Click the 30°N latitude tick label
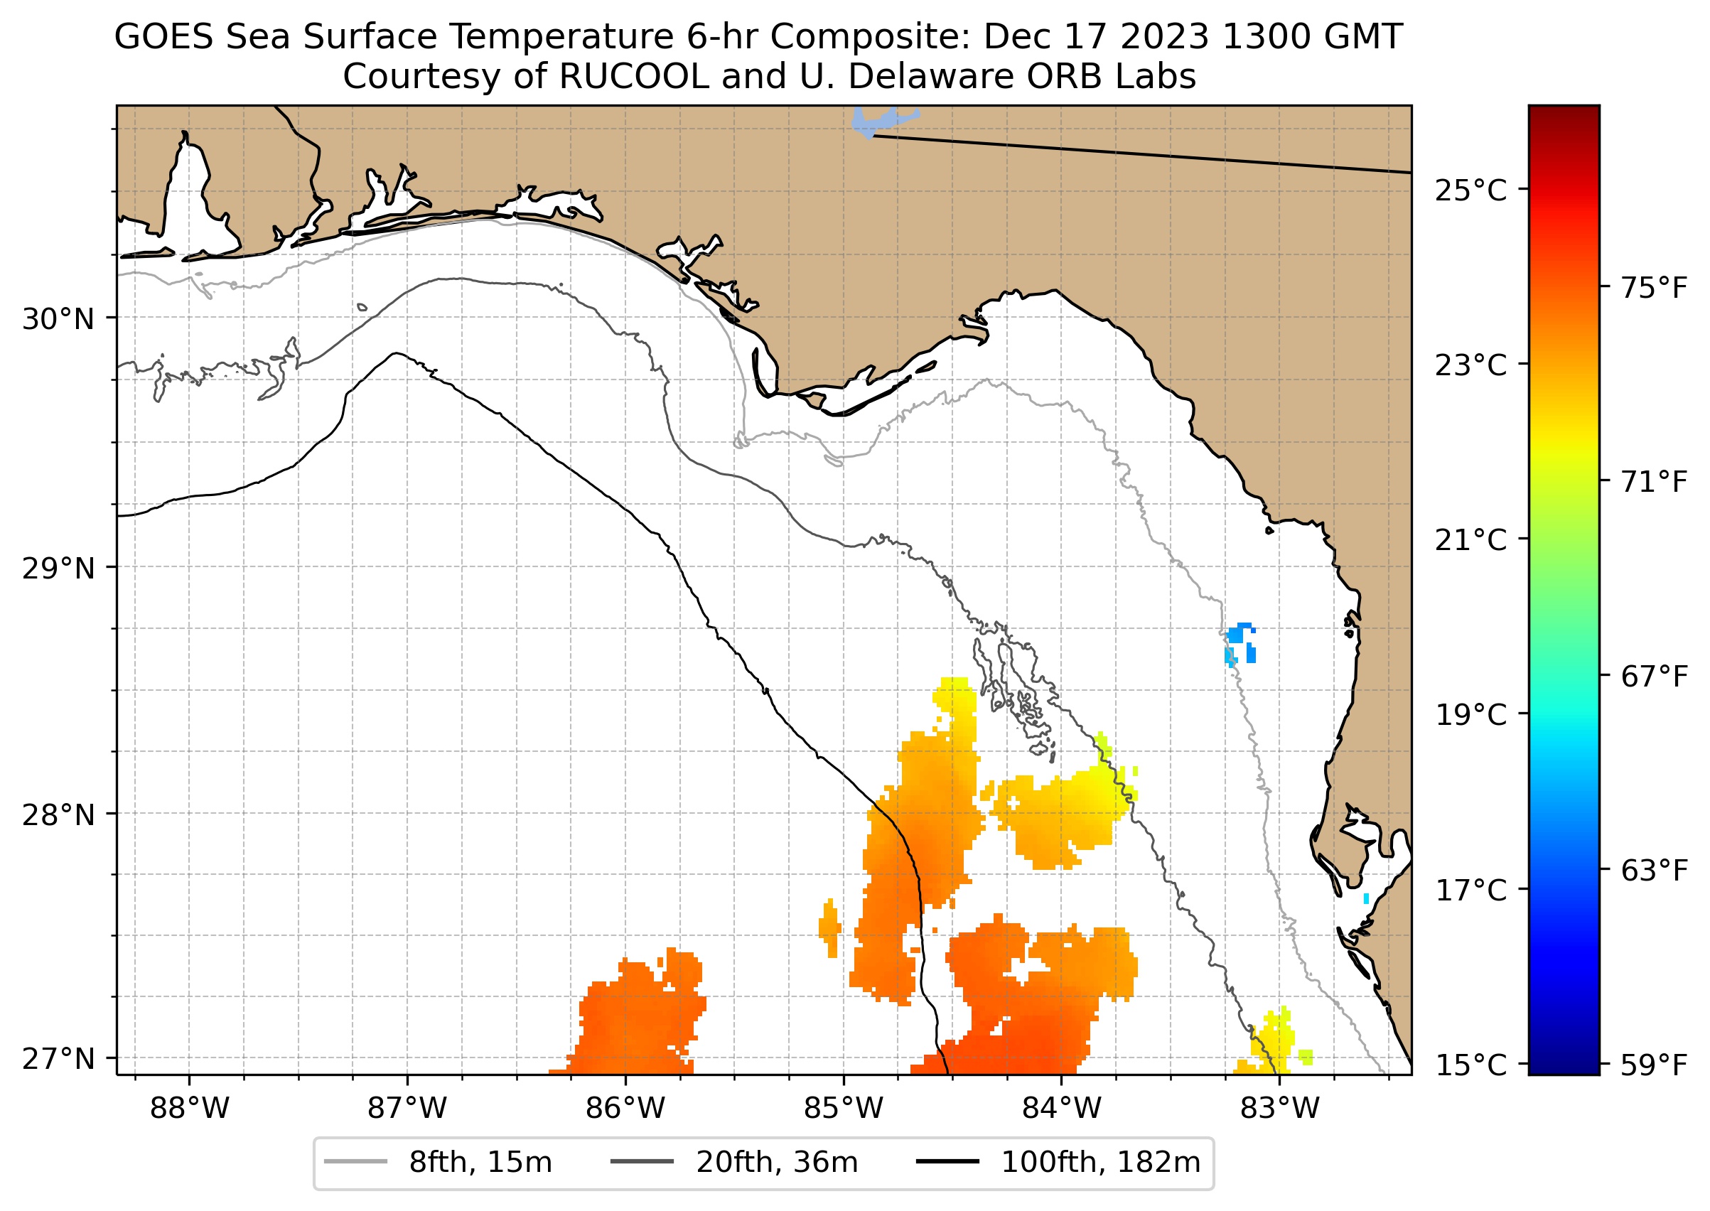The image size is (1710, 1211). pos(58,320)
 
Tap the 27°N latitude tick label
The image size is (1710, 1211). pos(58,1060)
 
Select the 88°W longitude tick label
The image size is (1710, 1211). pos(190,1109)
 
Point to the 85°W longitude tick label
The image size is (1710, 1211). pos(844,1109)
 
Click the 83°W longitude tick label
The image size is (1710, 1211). pos(1280,1109)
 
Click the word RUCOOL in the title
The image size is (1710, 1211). pos(633,77)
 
